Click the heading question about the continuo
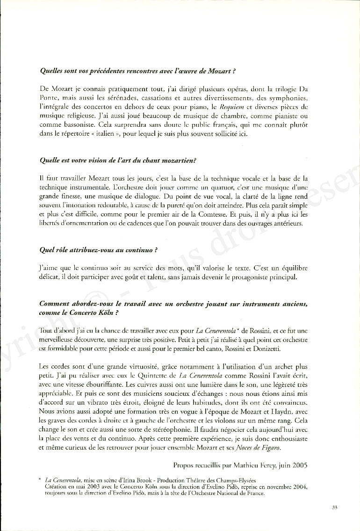[x=98, y=249]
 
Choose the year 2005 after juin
[x=299, y=466]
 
